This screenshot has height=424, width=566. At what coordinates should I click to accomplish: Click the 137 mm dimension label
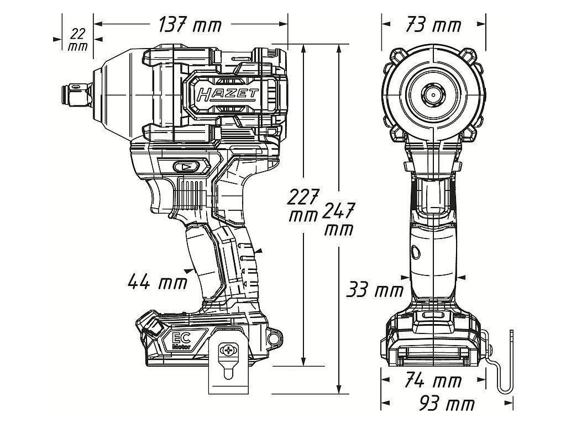tap(190, 25)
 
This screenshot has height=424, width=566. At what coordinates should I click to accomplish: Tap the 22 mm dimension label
tap(77, 40)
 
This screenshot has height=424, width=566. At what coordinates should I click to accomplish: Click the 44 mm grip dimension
tap(158, 282)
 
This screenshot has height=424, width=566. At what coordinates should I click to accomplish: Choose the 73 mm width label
tap(433, 25)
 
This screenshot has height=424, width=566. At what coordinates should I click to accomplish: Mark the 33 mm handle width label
tap(375, 289)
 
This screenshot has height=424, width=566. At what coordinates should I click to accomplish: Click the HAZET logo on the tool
tap(227, 94)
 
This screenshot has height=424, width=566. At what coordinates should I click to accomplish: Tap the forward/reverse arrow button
tap(186, 167)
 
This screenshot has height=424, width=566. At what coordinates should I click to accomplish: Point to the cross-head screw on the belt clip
tap(229, 350)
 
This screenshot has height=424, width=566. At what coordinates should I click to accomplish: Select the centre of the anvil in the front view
tap(432, 94)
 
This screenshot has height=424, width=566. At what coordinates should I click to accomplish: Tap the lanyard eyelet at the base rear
tap(275, 337)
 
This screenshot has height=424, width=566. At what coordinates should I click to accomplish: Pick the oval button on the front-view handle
tap(416, 252)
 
